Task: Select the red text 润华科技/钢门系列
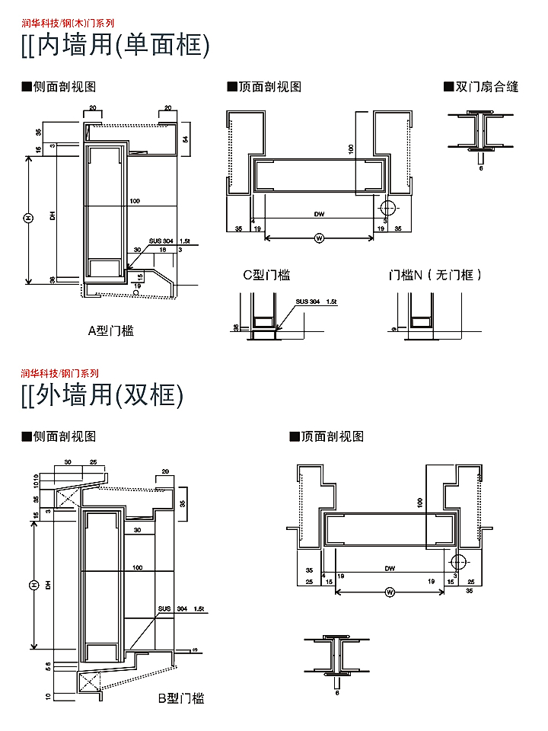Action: [x=60, y=373]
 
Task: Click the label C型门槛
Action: [x=266, y=276]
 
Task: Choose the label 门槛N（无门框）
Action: [x=435, y=276]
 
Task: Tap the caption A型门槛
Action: [x=111, y=330]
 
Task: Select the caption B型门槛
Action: [x=181, y=698]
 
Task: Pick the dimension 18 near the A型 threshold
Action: [x=162, y=250]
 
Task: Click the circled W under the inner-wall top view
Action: [x=319, y=238]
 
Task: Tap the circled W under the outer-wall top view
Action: [x=390, y=592]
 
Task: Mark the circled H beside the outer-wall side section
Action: [x=33, y=585]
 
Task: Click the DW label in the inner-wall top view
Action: [x=319, y=215]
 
